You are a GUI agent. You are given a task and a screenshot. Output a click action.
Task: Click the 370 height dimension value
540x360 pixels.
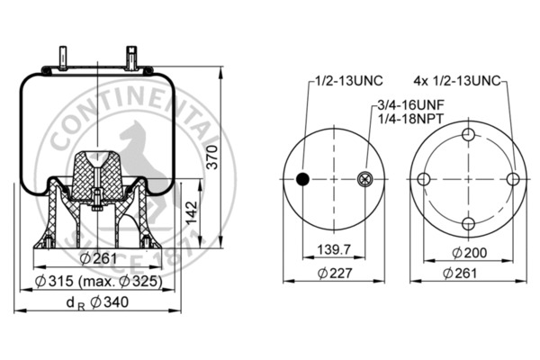pyautogui.click(x=212, y=157)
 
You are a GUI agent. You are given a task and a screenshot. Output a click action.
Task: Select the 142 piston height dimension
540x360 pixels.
pyautogui.click(x=191, y=212)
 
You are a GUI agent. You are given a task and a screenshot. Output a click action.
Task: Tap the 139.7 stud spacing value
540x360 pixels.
pyautogui.click(x=333, y=249)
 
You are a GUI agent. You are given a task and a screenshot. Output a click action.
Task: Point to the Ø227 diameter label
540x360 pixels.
pyautogui.click(x=335, y=274)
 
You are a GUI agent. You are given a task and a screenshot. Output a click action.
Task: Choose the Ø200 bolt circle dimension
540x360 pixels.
pyautogui.click(x=470, y=253)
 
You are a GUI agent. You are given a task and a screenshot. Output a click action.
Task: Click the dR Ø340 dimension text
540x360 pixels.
pyautogui.click(x=97, y=302)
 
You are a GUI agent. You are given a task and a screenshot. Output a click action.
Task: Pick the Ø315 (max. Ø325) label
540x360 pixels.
pyautogui.click(x=98, y=282)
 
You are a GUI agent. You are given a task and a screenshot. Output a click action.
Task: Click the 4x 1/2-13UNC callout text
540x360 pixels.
pyautogui.click(x=456, y=81)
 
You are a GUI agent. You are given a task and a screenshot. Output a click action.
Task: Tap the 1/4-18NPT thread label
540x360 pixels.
pyautogui.click(x=411, y=119)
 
